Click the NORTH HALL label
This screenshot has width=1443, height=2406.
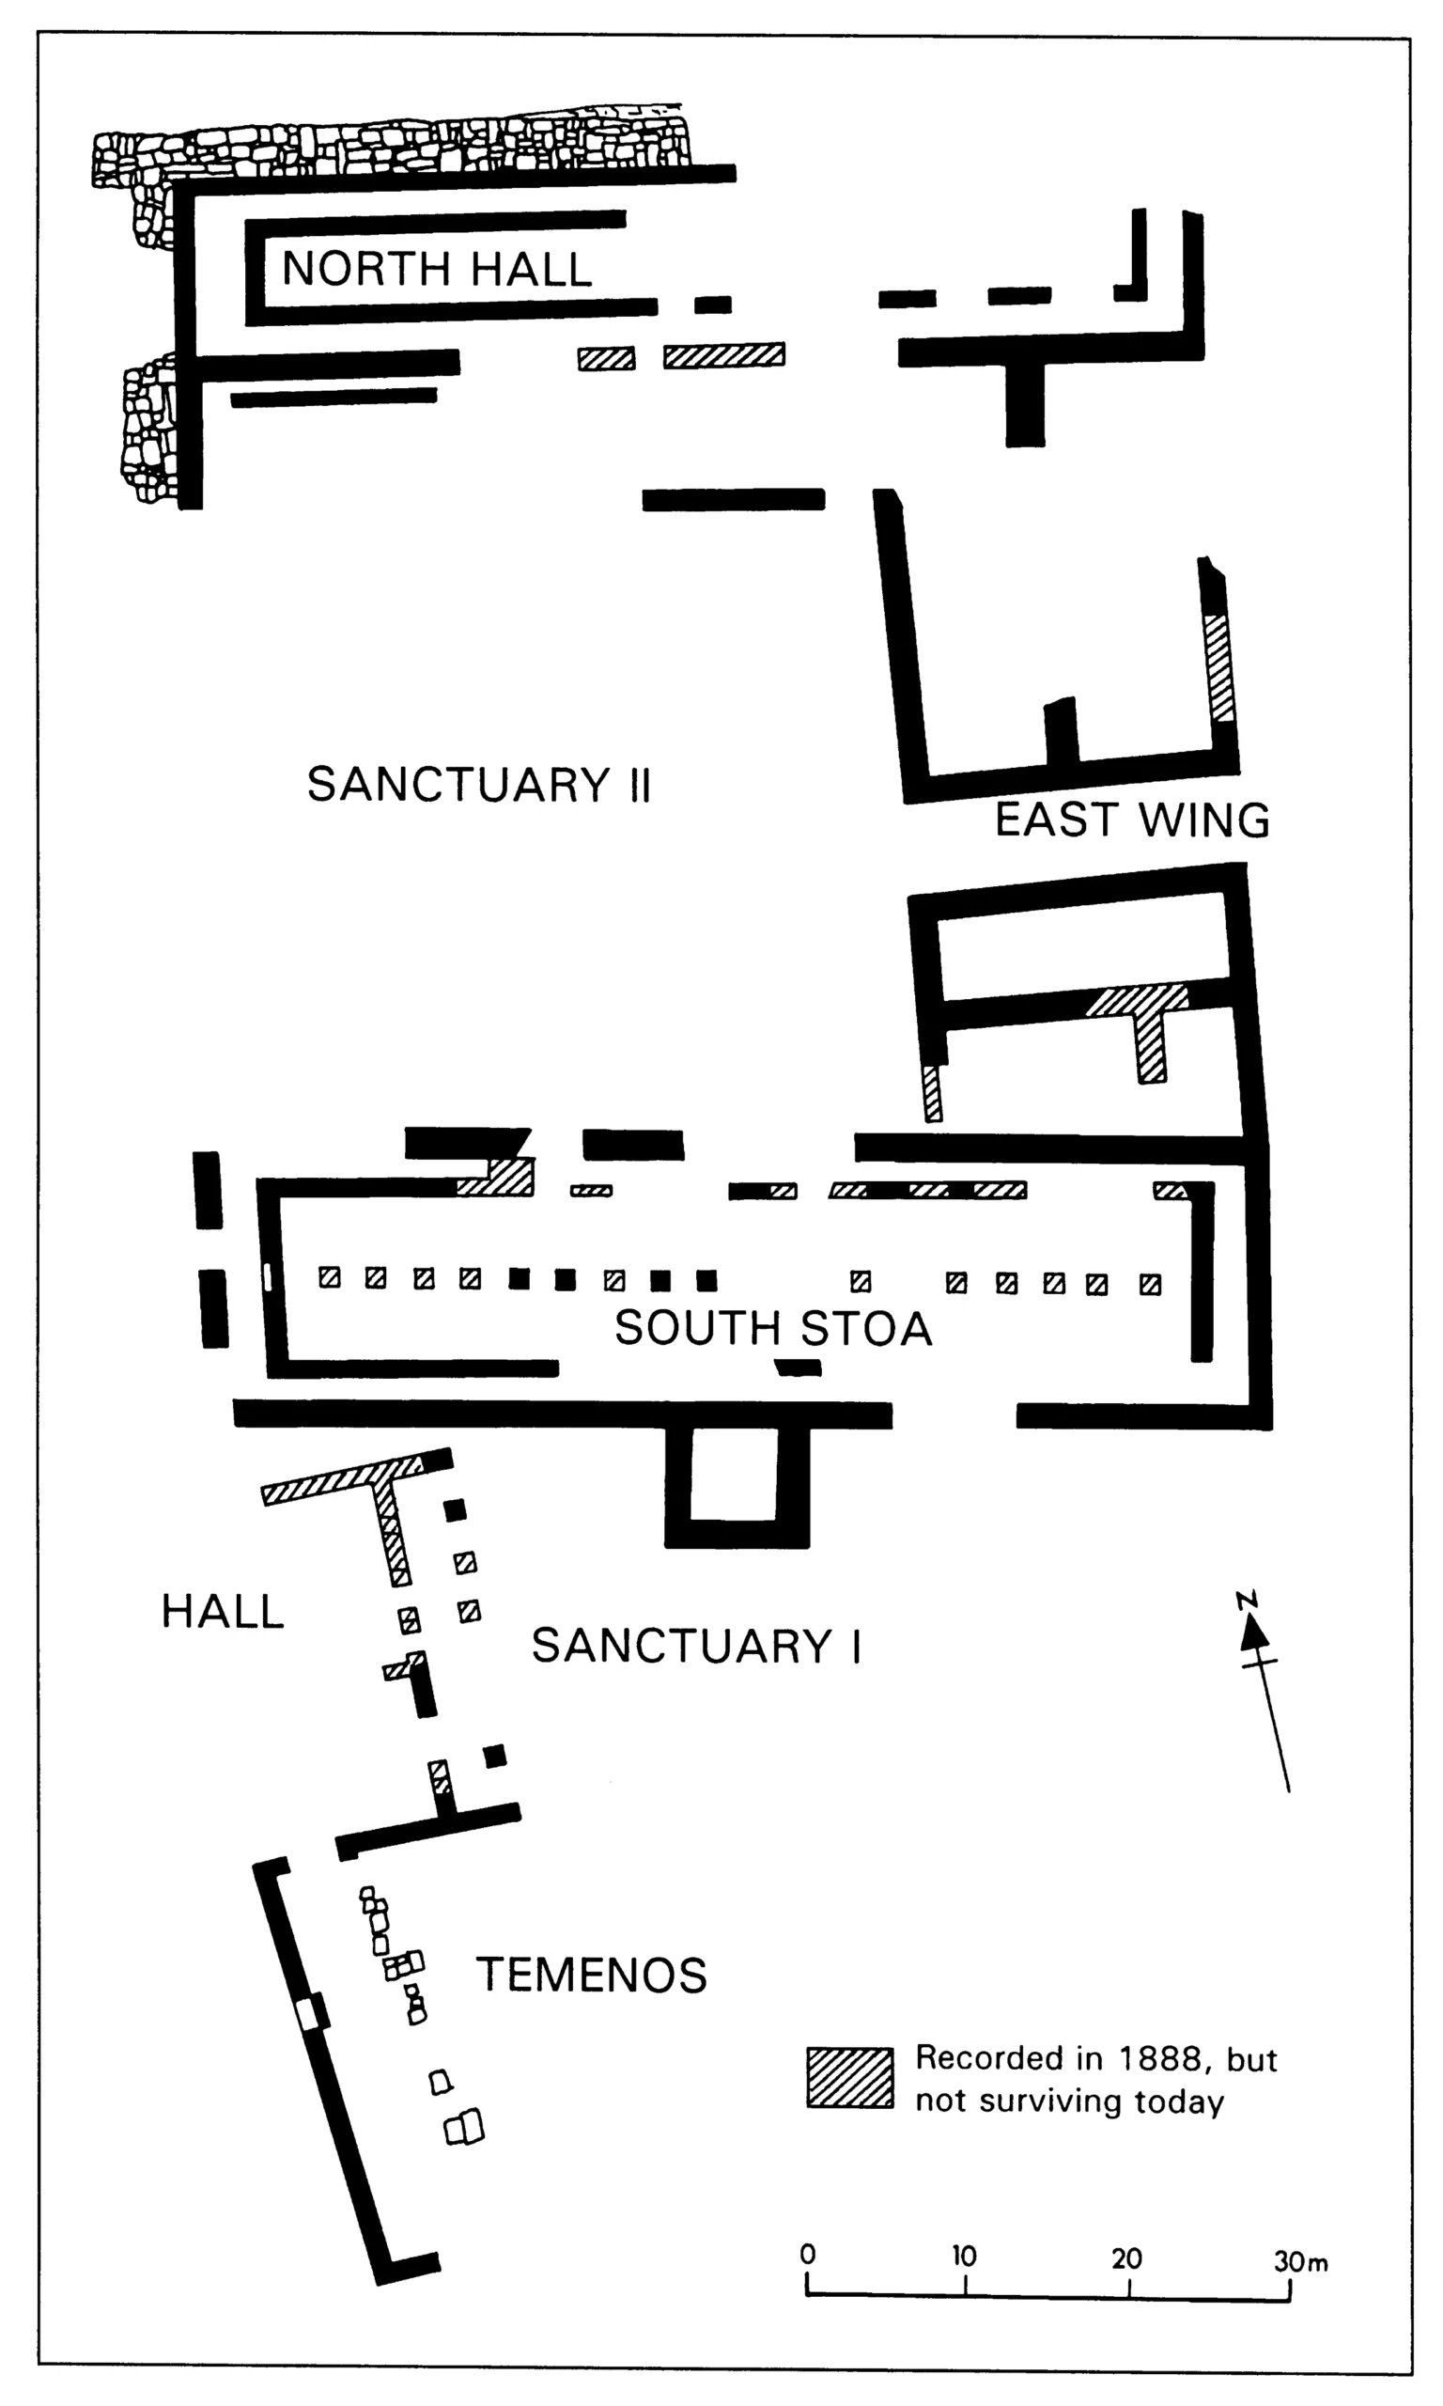pyautogui.click(x=437, y=270)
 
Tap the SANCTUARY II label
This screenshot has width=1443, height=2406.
pyautogui.click(x=478, y=785)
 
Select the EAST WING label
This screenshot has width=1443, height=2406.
pyautogui.click(x=1132, y=820)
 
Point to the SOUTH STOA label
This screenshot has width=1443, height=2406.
pyautogui.click(x=773, y=1328)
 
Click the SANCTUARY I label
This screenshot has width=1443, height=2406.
pyautogui.click(x=696, y=1647)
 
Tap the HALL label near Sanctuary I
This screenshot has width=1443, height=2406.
pyautogui.click(x=223, y=1612)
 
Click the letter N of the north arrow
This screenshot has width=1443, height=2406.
pyautogui.click(x=1247, y=1599)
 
